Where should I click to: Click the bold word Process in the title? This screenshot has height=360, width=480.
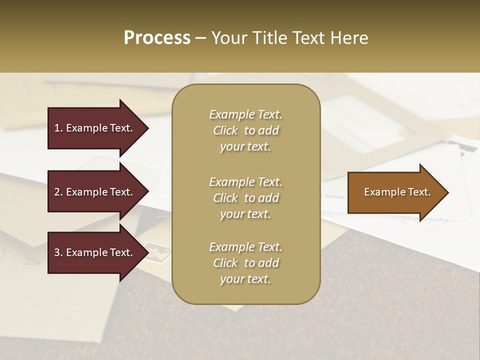pos(157,38)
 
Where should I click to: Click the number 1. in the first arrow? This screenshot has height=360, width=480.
pos(58,128)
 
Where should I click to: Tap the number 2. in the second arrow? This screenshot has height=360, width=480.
pos(58,192)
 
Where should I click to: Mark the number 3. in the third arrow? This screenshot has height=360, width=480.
pos(58,252)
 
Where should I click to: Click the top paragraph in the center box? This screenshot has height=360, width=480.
pos(245,130)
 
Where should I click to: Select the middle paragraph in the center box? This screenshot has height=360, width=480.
pos(245,198)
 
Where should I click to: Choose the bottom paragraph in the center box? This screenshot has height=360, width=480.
pos(245,263)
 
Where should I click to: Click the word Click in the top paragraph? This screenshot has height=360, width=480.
pos(225,130)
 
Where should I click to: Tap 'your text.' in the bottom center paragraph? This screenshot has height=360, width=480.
pos(245,279)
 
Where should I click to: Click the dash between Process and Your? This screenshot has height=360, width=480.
pos(201,38)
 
